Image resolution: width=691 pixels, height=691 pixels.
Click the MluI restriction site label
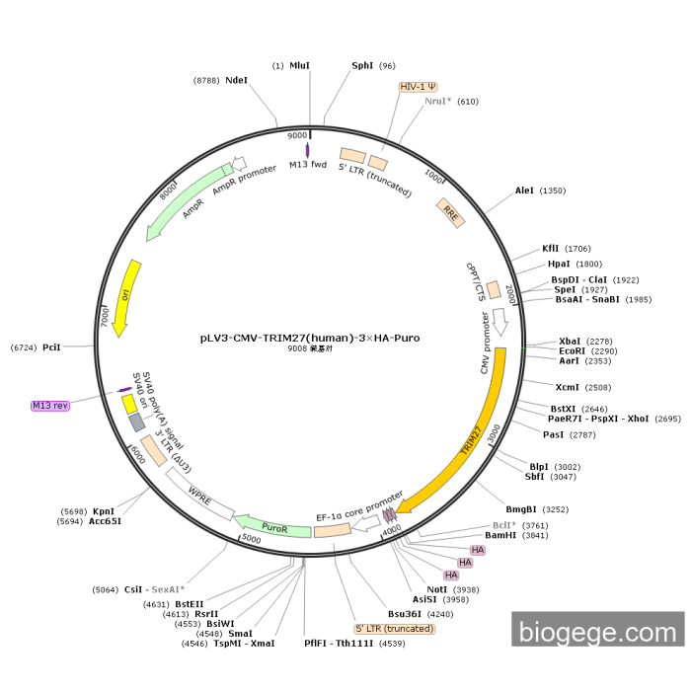click(x=299, y=66)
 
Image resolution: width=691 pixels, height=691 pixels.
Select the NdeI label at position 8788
click(x=236, y=80)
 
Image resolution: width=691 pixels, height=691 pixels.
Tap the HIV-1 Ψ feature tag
click(x=419, y=87)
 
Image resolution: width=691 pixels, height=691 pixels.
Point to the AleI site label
click(x=524, y=191)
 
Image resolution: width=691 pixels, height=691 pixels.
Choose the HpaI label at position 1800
click(x=561, y=264)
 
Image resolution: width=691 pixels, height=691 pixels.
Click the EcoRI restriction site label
click(x=574, y=350)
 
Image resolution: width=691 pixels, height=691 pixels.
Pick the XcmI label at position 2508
click(x=568, y=387)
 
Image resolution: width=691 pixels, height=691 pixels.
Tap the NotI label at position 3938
click(x=437, y=589)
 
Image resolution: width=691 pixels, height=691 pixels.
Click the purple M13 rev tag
click(x=50, y=405)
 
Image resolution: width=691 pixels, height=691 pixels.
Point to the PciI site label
click(x=51, y=347)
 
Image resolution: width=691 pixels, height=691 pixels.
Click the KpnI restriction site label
click(x=105, y=511)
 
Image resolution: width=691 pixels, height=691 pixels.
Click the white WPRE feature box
click(x=200, y=492)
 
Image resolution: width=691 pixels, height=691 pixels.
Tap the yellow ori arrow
click(x=125, y=296)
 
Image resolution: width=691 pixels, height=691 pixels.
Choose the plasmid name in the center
click(x=310, y=338)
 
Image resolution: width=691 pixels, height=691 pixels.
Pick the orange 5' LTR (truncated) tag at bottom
click(x=395, y=628)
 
